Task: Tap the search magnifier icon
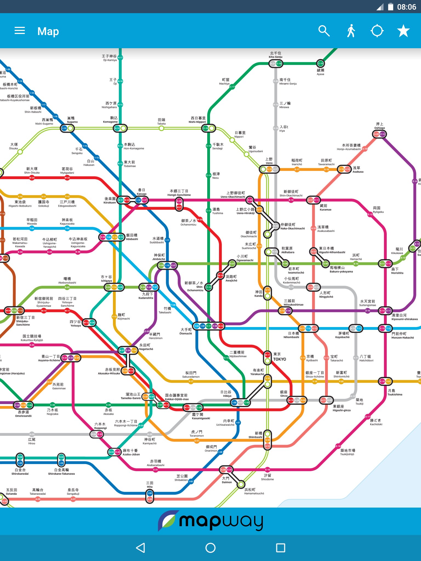pos(324,31)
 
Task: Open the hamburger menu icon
pos(20,31)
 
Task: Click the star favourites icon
pos(403,31)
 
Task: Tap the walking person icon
pos(351,31)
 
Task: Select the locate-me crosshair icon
pos(377,31)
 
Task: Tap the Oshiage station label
pos(380,126)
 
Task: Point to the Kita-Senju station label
pos(275,55)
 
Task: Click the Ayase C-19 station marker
pos(320,64)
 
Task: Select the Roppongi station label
pos(100,426)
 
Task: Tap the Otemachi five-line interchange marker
pos(209,326)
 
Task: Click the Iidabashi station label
pos(132,237)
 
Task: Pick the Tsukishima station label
pos(395,392)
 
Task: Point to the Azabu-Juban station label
pos(131,452)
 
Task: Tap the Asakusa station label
pos(358,170)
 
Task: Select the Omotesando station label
pos(23,414)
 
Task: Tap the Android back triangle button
pos(140,548)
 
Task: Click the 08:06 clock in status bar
pos(406,7)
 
